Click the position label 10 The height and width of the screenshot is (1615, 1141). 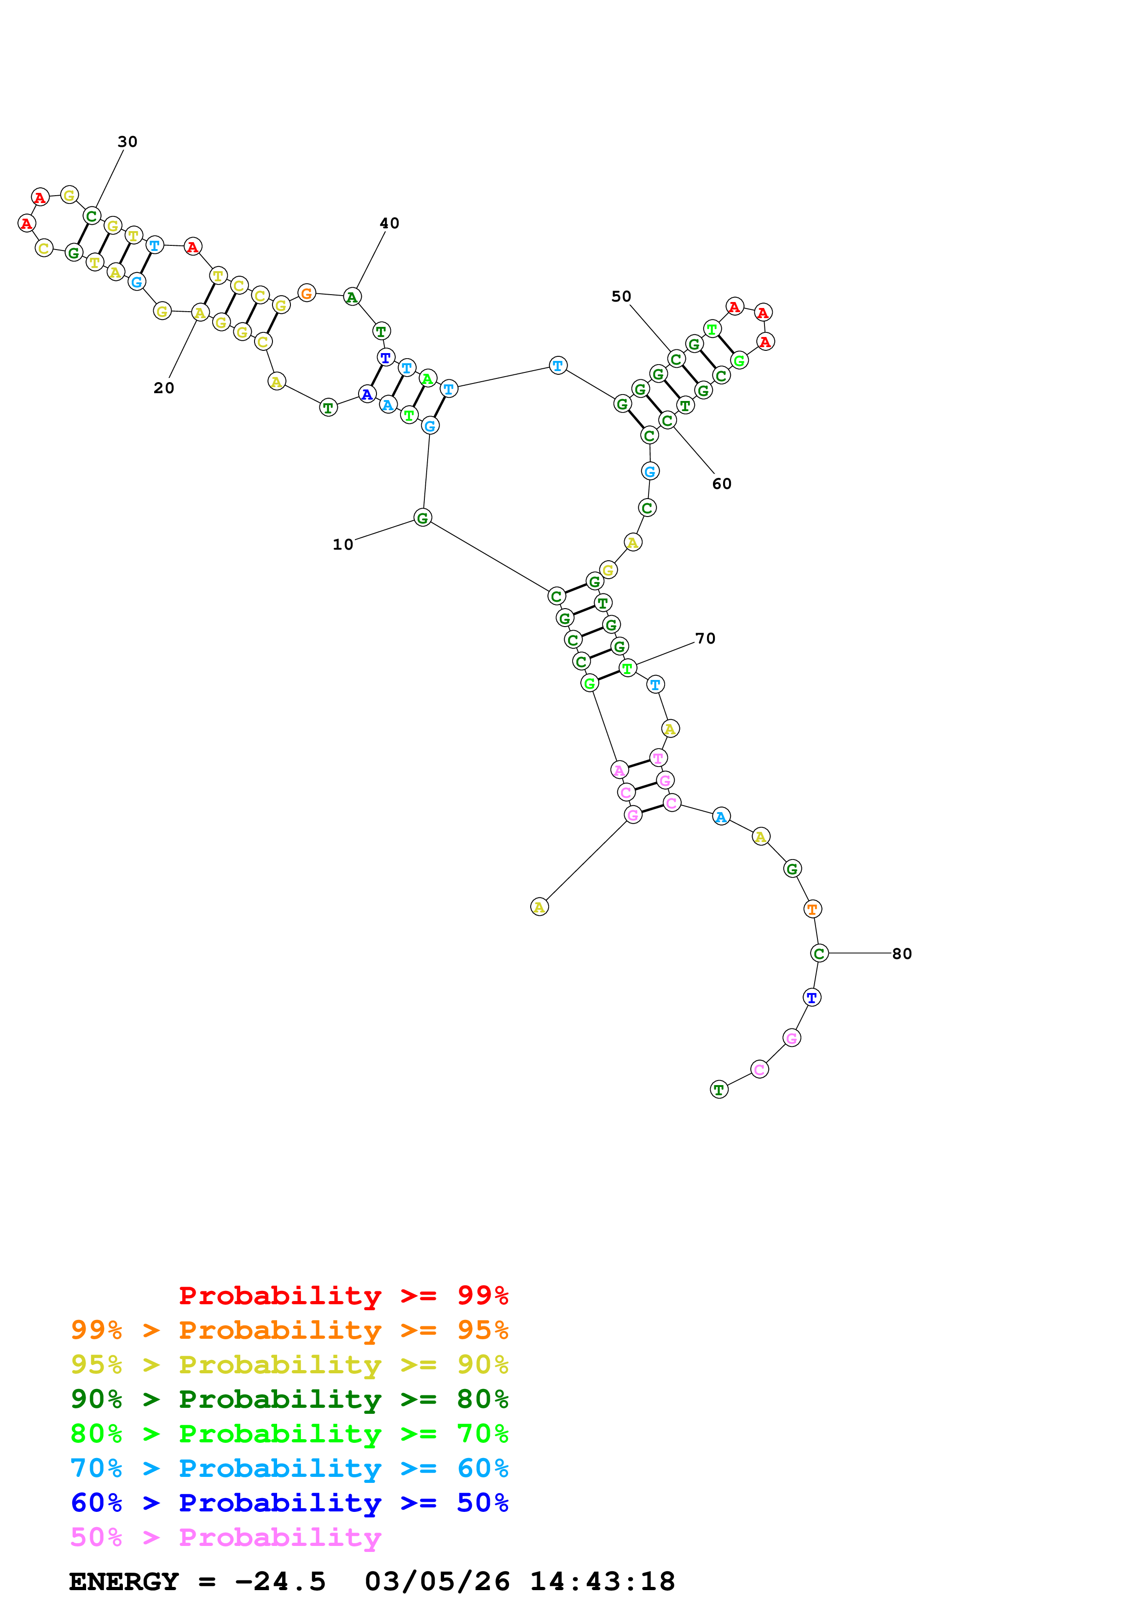point(342,545)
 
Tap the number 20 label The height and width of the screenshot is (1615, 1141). point(164,388)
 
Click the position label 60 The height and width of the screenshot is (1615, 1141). point(721,484)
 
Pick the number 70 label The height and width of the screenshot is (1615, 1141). point(705,639)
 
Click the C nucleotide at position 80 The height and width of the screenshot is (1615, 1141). point(819,954)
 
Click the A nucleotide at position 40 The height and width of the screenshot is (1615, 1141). point(352,297)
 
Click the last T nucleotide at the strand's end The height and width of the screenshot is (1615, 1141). point(718,1090)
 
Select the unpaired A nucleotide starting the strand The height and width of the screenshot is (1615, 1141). point(539,907)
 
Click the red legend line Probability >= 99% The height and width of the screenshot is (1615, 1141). point(343,1295)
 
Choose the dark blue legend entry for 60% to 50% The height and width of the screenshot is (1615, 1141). point(289,1503)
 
